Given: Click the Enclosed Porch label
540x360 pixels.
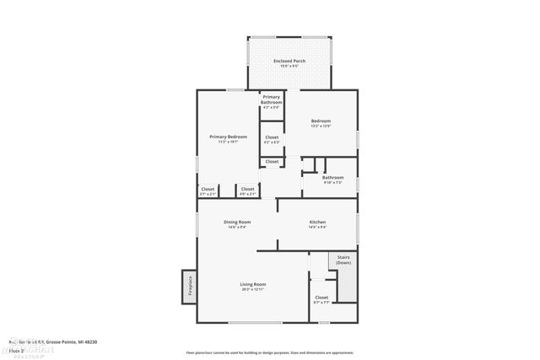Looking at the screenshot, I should (x=290, y=62).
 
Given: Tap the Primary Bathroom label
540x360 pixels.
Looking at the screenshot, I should (x=272, y=100).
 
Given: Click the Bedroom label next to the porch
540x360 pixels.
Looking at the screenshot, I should (x=321, y=121).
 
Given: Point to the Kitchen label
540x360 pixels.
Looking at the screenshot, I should (x=317, y=222).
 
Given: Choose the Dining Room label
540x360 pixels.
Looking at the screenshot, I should (x=237, y=222).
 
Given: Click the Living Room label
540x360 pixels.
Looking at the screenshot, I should (x=253, y=284).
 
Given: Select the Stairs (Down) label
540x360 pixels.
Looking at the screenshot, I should (x=343, y=260).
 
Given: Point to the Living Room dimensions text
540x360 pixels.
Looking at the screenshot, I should (x=253, y=289).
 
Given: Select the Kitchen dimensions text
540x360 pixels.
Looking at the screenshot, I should (x=317, y=227).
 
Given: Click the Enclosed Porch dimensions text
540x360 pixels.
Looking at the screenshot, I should (x=290, y=67).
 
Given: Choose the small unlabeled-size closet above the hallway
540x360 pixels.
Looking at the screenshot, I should (x=272, y=161).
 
